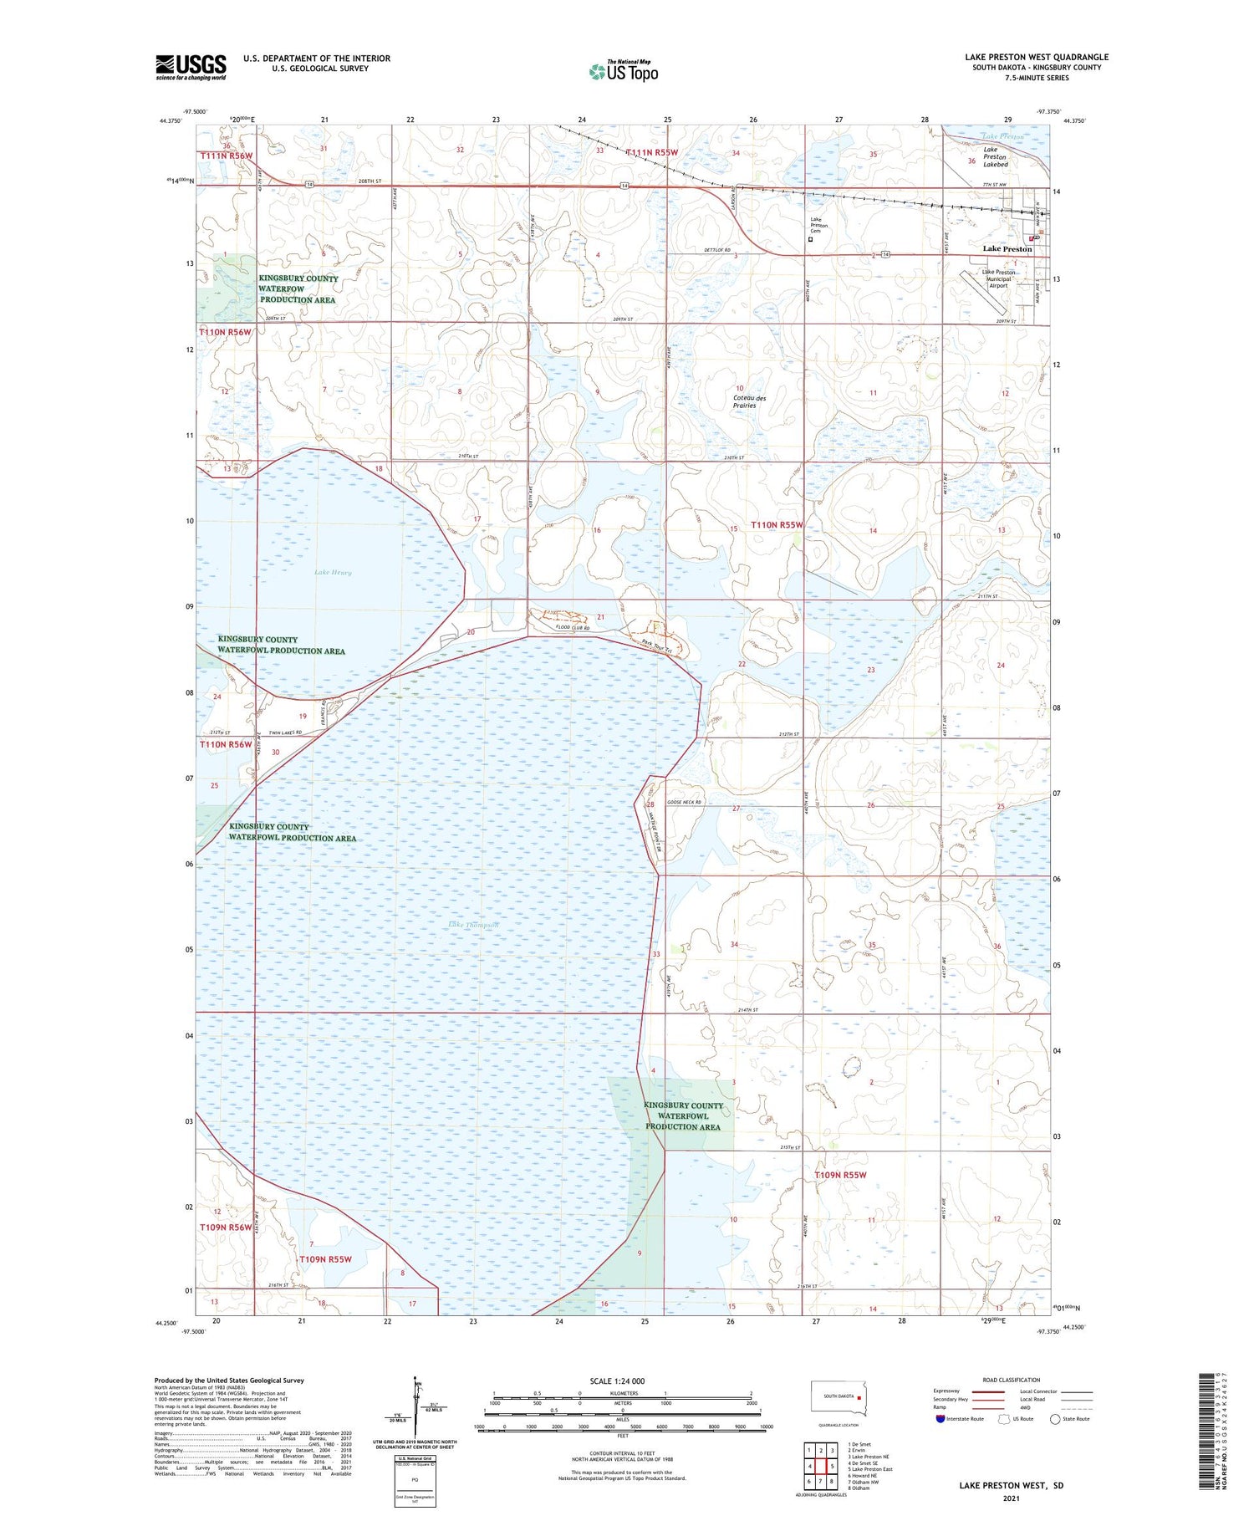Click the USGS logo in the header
(191, 67)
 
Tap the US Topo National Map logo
(624, 71)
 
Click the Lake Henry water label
(333, 573)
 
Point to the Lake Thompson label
(473, 925)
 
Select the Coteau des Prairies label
(749, 402)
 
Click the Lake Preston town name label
(1007, 249)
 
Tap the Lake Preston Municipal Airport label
(998, 278)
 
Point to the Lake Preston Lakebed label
(995, 156)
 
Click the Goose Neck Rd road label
(684, 802)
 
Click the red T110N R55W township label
(777, 525)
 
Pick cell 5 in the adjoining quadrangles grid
(833, 1466)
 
